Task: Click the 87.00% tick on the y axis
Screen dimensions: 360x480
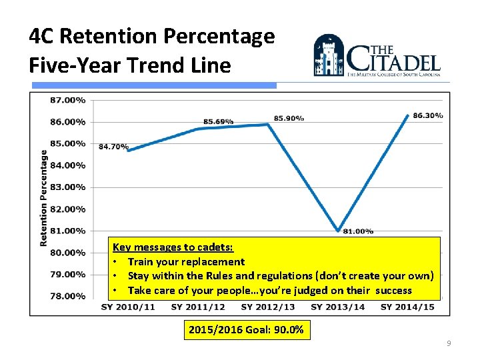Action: tap(68, 100)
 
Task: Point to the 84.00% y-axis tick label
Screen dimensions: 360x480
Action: tap(68, 165)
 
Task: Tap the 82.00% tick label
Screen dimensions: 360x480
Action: tap(68, 209)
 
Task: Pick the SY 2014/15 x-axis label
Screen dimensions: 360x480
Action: tap(407, 307)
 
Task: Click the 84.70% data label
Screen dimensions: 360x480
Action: tap(113, 147)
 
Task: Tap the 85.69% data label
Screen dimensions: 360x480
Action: tap(218, 121)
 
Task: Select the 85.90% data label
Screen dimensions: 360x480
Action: tap(289, 118)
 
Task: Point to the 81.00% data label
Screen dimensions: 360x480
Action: tap(358, 231)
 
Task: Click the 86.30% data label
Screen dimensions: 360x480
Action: tap(428, 115)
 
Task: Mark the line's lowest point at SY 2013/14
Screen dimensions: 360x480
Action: tap(338, 231)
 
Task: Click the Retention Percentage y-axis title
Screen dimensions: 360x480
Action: tap(44, 197)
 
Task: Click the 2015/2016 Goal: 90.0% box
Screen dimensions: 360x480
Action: tap(246, 330)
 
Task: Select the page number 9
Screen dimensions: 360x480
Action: tap(449, 343)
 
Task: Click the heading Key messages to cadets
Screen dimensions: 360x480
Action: tap(173, 247)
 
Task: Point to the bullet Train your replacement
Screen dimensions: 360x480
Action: tap(186, 262)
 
